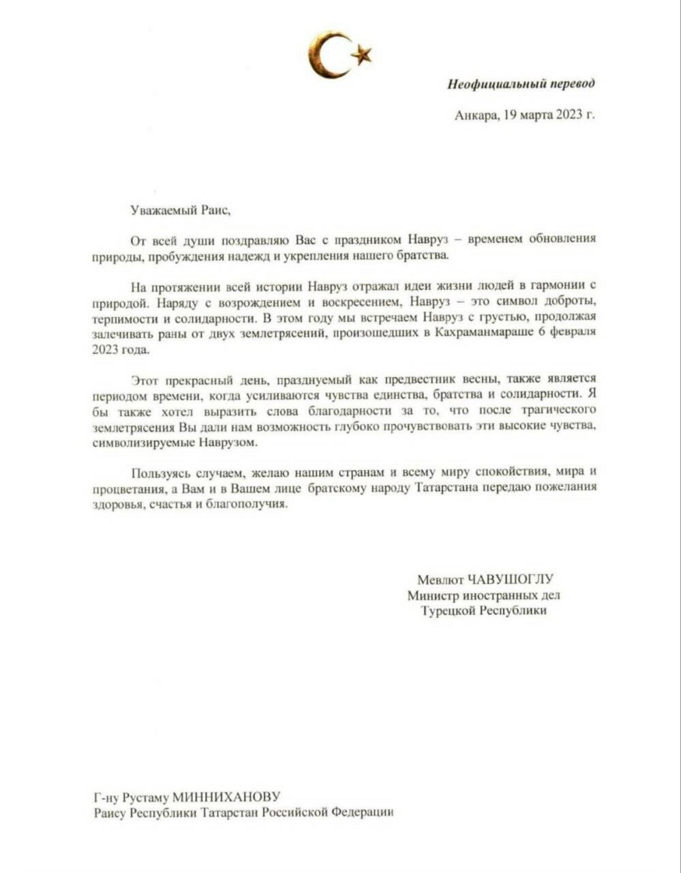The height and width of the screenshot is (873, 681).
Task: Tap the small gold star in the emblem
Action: coord(361,54)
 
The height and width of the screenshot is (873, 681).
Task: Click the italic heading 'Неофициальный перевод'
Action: coord(521,84)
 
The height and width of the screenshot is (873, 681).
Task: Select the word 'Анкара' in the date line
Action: coord(476,115)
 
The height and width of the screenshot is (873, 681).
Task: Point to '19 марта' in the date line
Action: coord(528,115)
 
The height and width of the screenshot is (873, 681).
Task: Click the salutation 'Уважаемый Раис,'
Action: coord(181,210)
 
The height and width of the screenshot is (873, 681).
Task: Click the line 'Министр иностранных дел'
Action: coord(484,595)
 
